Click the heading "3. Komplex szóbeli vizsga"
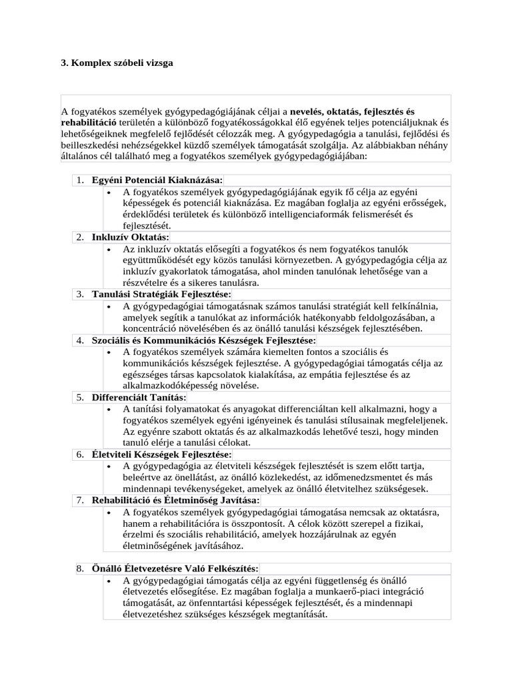click(117, 64)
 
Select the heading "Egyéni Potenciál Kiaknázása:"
click(157, 180)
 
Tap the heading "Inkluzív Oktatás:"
click(131, 237)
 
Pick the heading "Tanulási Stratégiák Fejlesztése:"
click(161, 294)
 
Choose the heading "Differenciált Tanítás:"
click(139, 397)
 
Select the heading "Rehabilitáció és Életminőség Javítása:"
click(176, 500)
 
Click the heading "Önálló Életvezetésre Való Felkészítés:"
click(175, 568)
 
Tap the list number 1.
click(79, 180)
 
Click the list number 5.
click(79, 397)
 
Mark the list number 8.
click(79, 568)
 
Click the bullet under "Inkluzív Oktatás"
click(109, 249)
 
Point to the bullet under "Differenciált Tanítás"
click(109, 409)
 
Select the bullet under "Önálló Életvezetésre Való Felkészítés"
click(109, 580)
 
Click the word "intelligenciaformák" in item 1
click(329, 214)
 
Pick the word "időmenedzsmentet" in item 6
click(361, 477)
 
